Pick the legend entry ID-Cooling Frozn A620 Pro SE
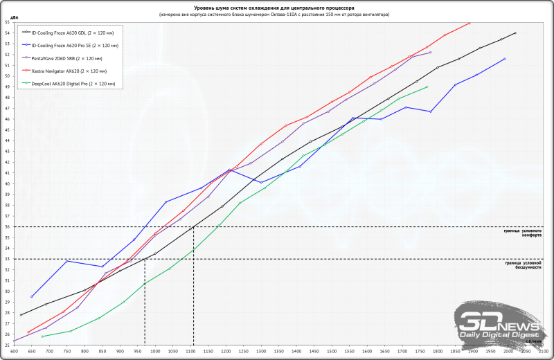click(68, 45)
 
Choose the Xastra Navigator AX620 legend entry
click(64, 71)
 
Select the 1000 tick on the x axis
click(155, 351)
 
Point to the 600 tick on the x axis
click(15, 351)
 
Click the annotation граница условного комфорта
click(523, 233)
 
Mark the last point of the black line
click(515, 33)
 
